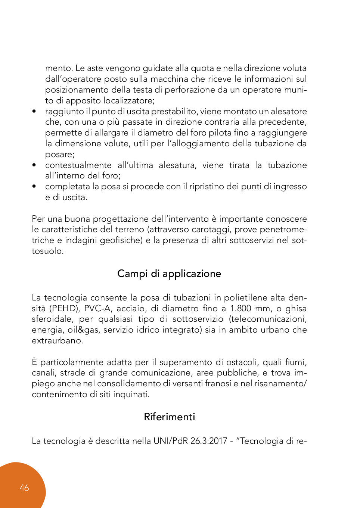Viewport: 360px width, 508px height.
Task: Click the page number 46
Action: (x=24, y=488)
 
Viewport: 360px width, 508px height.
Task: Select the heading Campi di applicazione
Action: (x=169, y=274)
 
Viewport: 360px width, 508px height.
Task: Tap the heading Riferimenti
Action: (x=170, y=417)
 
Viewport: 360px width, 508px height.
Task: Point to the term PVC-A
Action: (x=97, y=309)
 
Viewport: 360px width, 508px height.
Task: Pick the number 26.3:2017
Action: (x=209, y=441)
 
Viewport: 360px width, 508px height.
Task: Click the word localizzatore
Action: (x=128, y=101)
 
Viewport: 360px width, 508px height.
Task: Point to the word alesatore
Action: (x=289, y=112)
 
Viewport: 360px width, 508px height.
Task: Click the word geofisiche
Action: (x=121, y=240)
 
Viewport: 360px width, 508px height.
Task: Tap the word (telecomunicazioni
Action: (x=268, y=319)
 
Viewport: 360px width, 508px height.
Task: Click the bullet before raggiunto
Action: (x=34, y=112)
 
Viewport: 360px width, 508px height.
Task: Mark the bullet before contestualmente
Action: (x=34, y=165)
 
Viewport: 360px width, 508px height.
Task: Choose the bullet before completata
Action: (x=34, y=187)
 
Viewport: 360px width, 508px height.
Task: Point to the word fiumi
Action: (x=295, y=362)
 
